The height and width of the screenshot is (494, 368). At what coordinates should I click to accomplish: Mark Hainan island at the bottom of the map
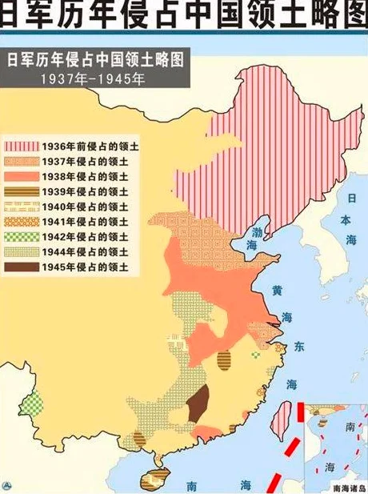[152, 478]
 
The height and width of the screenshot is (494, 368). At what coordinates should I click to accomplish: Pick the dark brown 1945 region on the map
[197, 400]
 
